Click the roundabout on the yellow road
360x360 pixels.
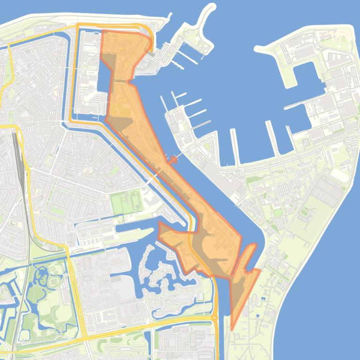point(214,317)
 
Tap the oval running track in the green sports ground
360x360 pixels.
point(135,201)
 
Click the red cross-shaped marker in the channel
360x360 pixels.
point(172,160)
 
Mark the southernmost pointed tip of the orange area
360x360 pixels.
point(232,330)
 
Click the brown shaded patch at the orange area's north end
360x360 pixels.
point(109,61)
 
